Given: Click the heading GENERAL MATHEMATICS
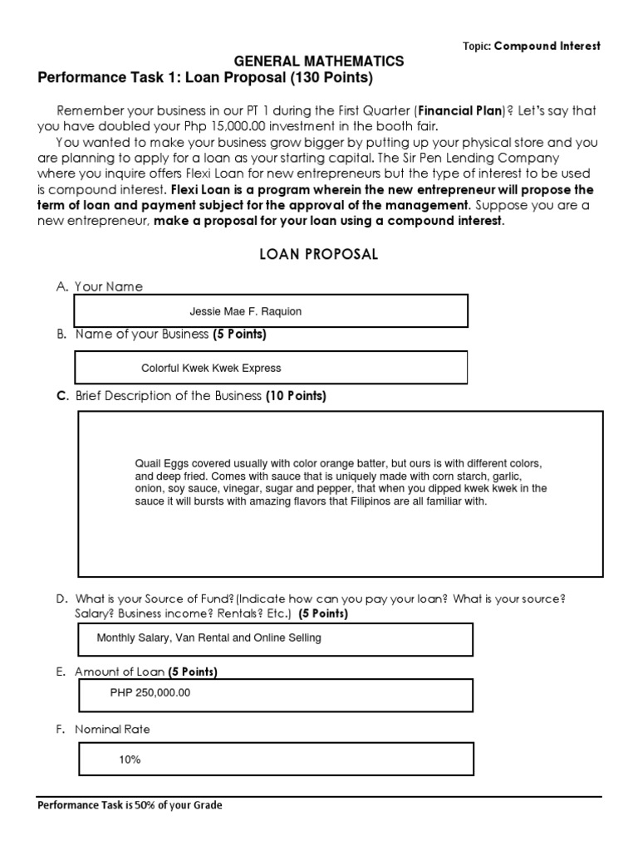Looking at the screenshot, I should pos(319,61).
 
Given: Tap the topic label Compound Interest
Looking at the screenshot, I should pos(547,46).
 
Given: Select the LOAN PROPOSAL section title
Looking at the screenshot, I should pos(319,255).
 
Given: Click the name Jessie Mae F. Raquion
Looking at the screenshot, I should pos(246,311).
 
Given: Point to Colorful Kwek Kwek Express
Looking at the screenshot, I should pos(211,368).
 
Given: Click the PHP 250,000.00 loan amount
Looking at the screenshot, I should pos(150,693).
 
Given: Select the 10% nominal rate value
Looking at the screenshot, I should pos(130,759).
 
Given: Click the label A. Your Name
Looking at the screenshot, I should pos(100,286).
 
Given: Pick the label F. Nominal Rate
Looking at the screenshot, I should pos(104,730).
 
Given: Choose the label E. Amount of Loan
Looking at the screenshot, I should pos(112,672).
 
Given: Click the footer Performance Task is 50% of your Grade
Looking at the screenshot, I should pos(130,804).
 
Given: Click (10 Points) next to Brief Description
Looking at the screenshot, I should pos(296,396).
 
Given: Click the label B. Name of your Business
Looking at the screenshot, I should pos(131,335).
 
